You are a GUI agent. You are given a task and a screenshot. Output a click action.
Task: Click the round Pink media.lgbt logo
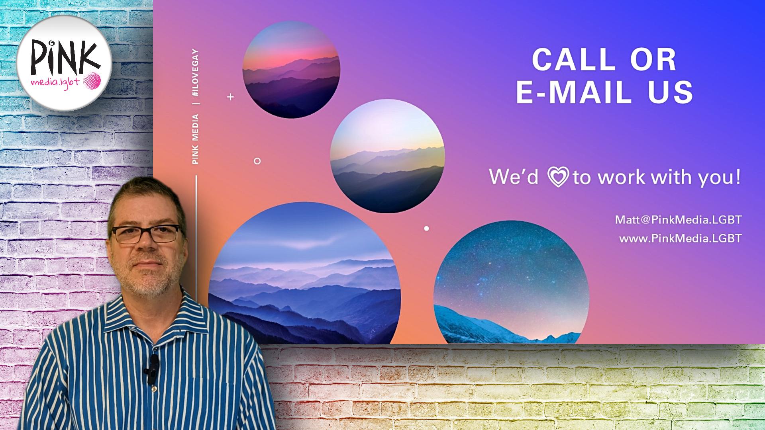click(x=64, y=63)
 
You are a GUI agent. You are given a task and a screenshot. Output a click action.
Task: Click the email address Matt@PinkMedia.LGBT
click(x=678, y=220)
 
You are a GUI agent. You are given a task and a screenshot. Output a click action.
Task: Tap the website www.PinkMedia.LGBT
click(x=680, y=238)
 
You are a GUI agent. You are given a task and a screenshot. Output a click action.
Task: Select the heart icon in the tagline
click(x=558, y=177)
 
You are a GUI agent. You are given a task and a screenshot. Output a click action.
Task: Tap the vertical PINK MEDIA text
click(x=195, y=139)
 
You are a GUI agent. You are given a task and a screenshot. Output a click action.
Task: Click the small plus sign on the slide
click(x=230, y=97)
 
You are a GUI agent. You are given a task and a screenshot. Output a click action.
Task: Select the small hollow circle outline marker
click(x=257, y=161)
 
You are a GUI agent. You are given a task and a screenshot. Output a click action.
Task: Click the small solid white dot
click(x=426, y=229)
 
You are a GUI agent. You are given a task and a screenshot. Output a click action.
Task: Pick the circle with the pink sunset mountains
click(x=291, y=69)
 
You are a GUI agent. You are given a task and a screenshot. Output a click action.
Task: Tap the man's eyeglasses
click(x=146, y=234)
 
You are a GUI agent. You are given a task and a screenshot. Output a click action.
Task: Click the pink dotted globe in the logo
click(x=92, y=81)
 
